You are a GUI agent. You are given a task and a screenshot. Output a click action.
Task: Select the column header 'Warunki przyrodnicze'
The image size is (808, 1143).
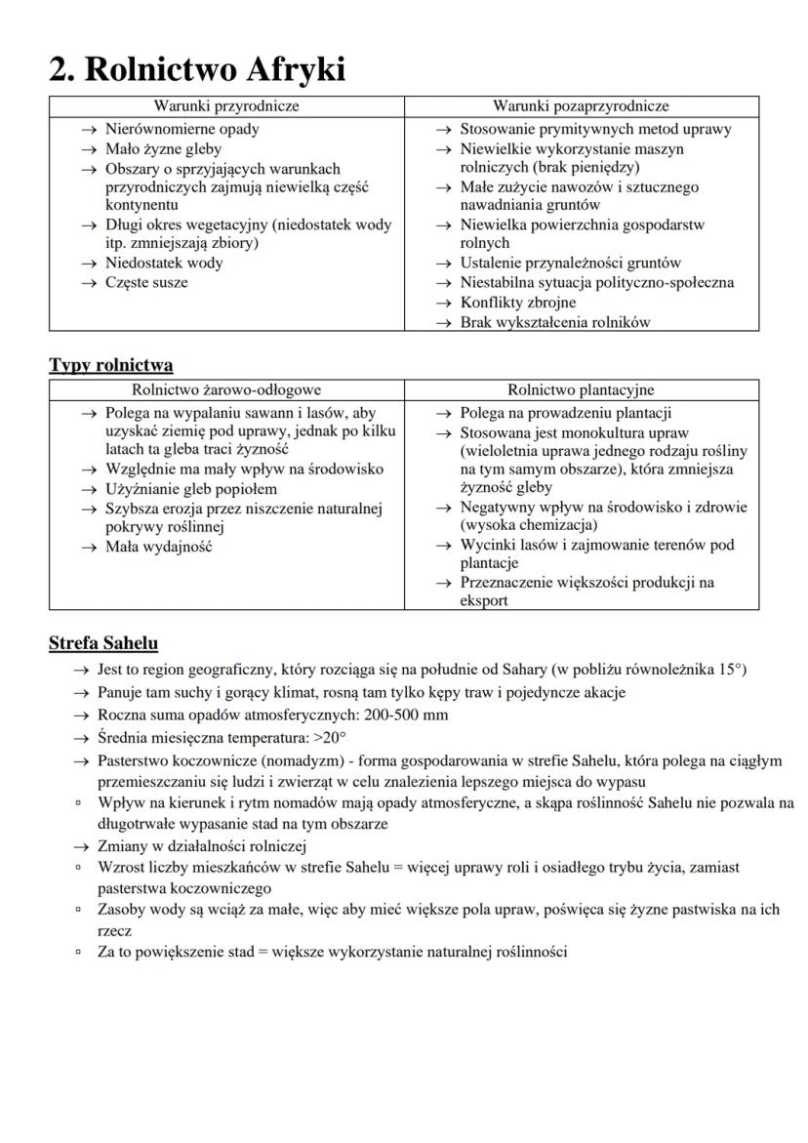click(226, 106)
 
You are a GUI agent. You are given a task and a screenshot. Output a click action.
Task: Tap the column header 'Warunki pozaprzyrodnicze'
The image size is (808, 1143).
click(581, 106)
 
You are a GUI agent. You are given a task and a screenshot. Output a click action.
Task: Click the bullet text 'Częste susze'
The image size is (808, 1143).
click(146, 283)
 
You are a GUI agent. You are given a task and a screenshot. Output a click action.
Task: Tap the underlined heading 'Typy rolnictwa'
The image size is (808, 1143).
click(111, 366)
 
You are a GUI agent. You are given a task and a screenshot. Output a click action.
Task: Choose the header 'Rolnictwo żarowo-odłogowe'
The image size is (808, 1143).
click(226, 390)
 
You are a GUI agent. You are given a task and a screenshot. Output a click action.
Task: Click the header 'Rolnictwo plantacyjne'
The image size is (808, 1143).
click(581, 390)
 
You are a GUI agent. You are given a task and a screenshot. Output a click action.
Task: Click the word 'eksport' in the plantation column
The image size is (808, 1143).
click(484, 601)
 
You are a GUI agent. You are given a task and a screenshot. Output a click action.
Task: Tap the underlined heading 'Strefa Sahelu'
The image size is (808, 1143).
click(103, 644)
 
